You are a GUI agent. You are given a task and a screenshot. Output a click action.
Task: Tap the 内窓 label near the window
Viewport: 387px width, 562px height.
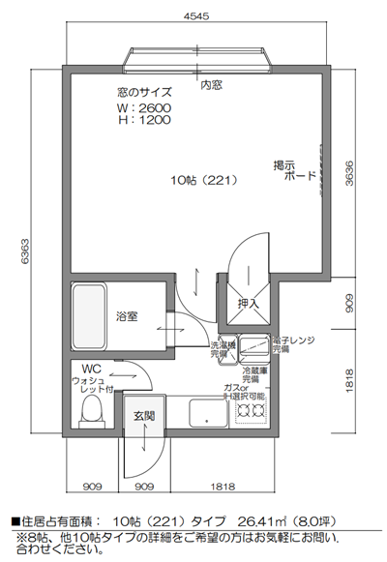point(211,85)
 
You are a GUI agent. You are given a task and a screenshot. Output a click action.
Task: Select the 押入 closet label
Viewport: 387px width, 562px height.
point(249,304)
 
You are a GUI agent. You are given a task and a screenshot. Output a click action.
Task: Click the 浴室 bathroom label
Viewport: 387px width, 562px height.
point(127,316)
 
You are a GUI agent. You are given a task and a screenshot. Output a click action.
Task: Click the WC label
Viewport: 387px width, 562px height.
point(93,369)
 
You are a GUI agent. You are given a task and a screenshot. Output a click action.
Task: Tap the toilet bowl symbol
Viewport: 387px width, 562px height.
point(91,411)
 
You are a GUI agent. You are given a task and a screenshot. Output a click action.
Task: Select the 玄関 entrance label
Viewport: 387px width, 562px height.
point(144,415)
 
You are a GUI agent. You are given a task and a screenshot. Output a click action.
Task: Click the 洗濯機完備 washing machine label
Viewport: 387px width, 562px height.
point(223,349)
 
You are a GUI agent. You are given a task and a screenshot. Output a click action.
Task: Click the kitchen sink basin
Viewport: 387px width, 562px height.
point(207,413)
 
